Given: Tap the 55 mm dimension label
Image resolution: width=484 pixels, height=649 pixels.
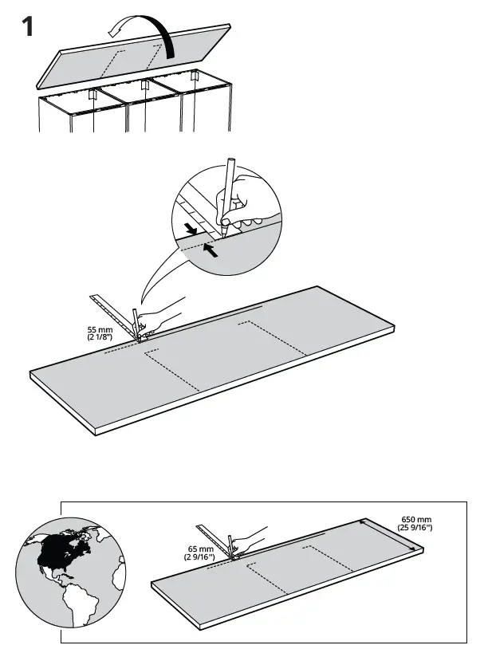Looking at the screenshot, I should [99, 328].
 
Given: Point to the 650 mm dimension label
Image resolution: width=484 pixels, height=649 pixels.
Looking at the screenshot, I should [414, 520].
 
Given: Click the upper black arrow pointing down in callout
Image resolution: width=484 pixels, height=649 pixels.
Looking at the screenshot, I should [190, 231].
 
